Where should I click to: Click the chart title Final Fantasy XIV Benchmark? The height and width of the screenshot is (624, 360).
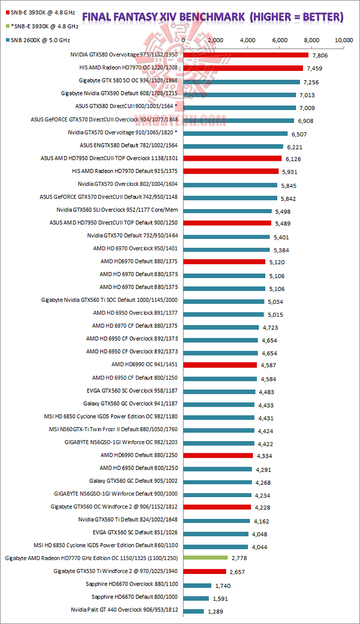point(212,17)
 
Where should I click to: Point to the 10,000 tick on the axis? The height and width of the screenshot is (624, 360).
point(344,39)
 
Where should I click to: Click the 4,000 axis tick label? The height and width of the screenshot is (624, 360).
point(248,39)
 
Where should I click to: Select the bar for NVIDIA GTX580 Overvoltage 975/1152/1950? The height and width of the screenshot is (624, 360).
point(246,55)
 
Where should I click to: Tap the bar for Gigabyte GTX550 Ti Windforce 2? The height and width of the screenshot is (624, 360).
point(205,571)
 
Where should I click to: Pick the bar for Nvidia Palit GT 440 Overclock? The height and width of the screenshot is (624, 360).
point(194,611)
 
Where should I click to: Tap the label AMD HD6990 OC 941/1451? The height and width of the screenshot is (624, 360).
point(145,364)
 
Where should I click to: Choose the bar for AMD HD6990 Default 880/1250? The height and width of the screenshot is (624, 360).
point(218,455)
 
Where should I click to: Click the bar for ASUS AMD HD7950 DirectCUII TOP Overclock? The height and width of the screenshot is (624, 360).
point(232,158)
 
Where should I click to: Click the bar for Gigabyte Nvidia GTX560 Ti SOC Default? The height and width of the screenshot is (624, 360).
point(224,301)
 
